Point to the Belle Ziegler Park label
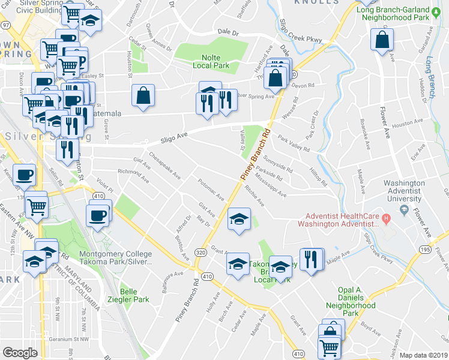coord(134,295)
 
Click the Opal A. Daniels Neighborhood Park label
coord(351,305)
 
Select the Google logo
coord(20,352)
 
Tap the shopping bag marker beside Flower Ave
coord(382,40)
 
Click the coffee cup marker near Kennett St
coord(24,175)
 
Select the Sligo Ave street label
coord(174,139)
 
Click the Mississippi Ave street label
coord(270,184)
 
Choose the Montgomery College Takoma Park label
coord(115,258)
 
